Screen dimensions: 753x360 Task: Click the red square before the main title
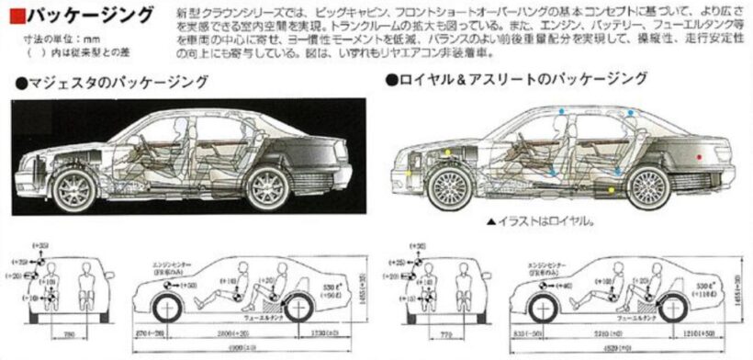(12, 16)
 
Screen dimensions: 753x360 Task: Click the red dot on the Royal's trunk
(700, 158)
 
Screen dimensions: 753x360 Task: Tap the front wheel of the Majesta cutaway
(75, 188)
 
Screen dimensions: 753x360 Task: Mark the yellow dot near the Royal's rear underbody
(613, 191)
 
